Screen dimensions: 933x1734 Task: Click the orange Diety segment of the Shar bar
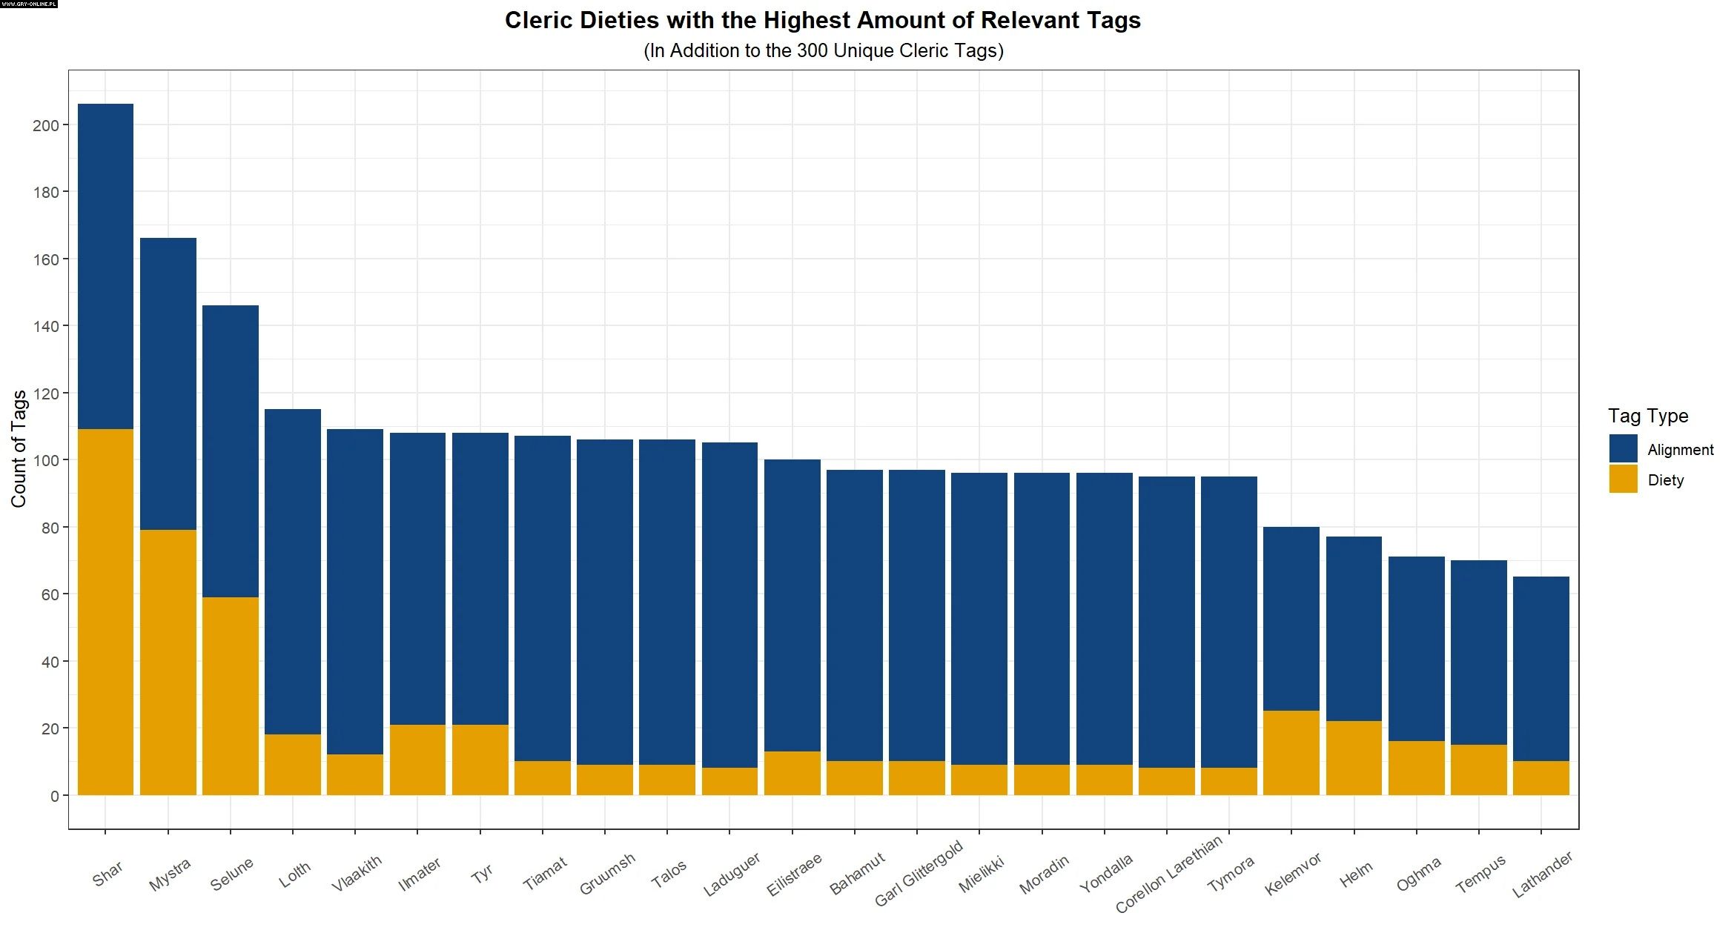click(105, 611)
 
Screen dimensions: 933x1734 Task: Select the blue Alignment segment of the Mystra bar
click(168, 384)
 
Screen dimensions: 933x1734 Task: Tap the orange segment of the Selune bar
click(231, 696)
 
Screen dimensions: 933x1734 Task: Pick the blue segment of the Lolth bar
click(293, 571)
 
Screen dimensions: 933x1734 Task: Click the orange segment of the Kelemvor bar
click(1291, 753)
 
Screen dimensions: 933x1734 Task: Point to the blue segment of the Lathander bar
click(1541, 668)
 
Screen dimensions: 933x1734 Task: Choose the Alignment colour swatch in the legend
click(1623, 449)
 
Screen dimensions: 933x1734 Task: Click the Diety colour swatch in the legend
click(1623, 479)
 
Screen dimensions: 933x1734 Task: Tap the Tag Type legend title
click(1648, 416)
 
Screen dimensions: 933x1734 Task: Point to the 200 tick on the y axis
click(46, 125)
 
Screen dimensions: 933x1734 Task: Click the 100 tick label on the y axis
click(46, 460)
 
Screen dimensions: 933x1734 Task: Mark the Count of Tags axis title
click(19, 449)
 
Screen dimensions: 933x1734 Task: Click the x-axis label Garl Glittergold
click(919, 873)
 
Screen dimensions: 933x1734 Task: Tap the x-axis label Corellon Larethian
click(1169, 874)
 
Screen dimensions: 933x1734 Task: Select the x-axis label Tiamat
click(545, 872)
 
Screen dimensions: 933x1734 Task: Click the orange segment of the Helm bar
click(1354, 758)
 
